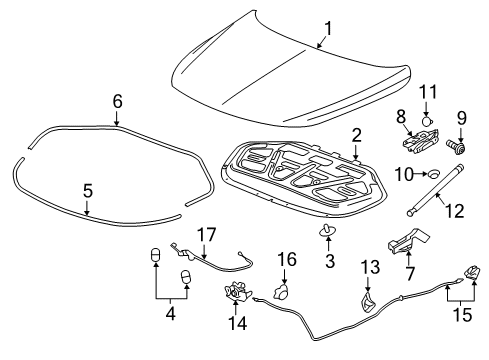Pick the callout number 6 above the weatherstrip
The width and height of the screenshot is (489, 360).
pyautogui.click(x=117, y=101)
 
